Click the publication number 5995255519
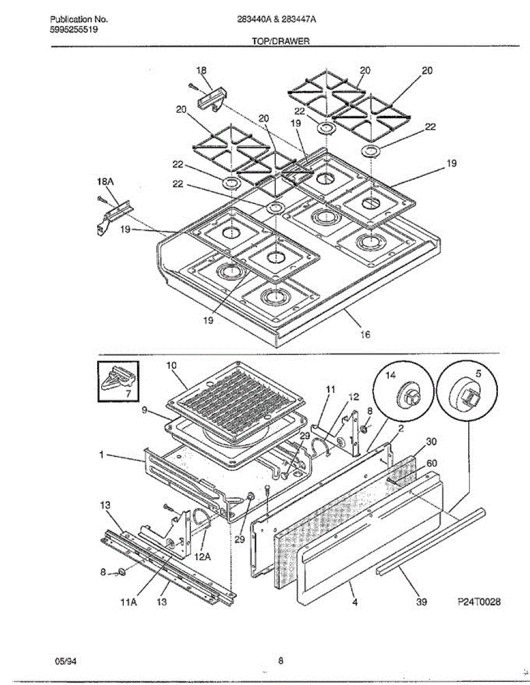(x=74, y=30)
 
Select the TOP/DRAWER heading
(x=281, y=41)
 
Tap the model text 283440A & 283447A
(x=277, y=19)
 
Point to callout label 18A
(x=105, y=182)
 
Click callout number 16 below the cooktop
(x=365, y=335)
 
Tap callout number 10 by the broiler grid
(x=172, y=366)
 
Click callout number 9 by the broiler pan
(x=144, y=411)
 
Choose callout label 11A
(x=129, y=602)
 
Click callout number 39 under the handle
(x=421, y=602)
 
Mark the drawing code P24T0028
(x=479, y=602)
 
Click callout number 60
(x=432, y=463)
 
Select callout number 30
(x=431, y=442)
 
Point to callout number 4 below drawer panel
(x=355, y=602)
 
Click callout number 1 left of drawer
(x=101, y=455)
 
